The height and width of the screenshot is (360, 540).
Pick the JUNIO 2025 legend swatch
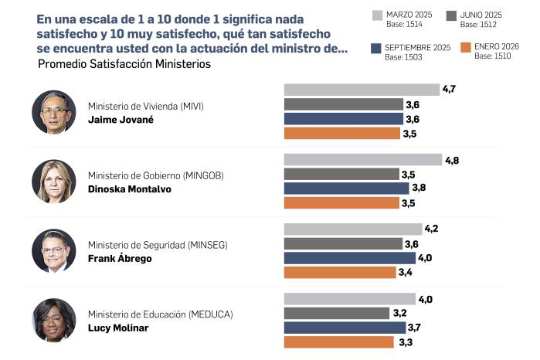450,15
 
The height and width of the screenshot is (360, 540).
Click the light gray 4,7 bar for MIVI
362,90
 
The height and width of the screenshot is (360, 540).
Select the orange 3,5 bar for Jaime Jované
342,134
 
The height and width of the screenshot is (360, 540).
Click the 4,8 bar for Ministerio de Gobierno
363,160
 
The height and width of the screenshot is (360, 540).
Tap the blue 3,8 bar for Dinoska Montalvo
346,188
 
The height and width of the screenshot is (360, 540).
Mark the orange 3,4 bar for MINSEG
341,272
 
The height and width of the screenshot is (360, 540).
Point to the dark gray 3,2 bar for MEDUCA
337,313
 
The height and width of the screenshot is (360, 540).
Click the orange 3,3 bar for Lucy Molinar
339,341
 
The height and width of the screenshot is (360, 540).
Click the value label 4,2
433,229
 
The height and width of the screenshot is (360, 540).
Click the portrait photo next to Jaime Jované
54,112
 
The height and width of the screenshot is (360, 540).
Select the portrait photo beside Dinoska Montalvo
54,182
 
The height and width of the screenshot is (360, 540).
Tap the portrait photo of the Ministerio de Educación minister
54,320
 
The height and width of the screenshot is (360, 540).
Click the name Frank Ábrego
120,259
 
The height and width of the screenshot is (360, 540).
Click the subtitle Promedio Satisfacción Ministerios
124,64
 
